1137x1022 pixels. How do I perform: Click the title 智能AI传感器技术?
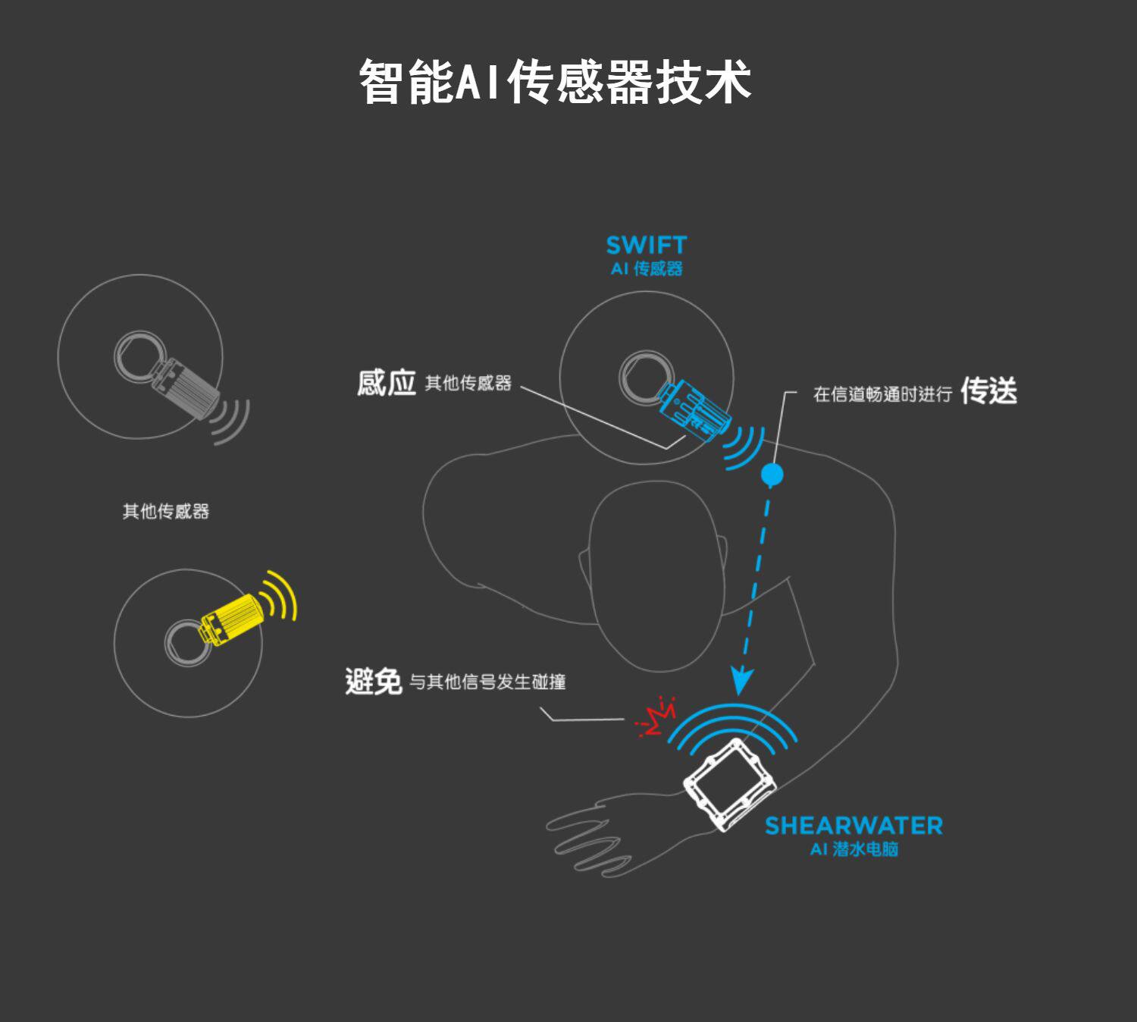(x=556, y=81)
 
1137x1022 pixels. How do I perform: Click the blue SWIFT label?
(x=646, y=245)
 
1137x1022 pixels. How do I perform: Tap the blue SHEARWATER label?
(x=854, y=825)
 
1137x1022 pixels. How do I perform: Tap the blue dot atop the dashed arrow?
(x=772, y=475)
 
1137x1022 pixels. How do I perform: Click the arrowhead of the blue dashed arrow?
(x=741, y=681)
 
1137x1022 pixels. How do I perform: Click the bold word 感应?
(x=387, y=383)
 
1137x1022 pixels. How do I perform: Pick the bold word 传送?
(x=988, y=391)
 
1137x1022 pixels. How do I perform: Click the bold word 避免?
(x=373, y=682)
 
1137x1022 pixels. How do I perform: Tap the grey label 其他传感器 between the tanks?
(x=166, y=512)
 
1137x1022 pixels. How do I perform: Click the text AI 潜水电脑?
(x=854, y=849)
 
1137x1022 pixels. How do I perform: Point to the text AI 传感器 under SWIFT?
(x=647, y=268)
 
